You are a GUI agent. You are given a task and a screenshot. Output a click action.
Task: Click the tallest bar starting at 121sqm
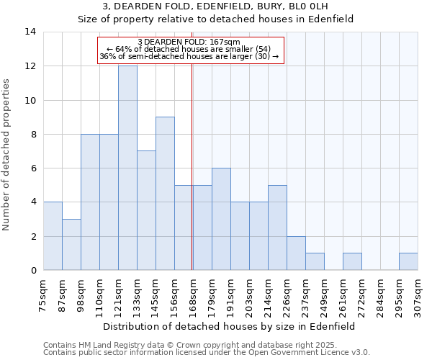[x=127, y=168]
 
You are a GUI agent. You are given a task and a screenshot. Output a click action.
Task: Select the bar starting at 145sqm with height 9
[x=165, y=194]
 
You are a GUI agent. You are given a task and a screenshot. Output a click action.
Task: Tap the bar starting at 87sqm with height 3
[x=71, y=245]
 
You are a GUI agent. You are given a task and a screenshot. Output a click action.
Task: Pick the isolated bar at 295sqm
[x=408, y=262]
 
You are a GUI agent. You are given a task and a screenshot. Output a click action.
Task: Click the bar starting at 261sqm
[x=352, y=262]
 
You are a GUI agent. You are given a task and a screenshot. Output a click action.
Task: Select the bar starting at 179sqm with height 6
[x=221, y=219]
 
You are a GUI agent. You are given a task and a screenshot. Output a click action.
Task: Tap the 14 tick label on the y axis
[x=30, y=32]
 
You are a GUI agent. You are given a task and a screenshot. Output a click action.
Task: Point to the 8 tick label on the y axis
[x=32, y=134]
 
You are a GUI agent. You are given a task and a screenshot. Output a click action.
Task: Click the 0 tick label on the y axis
[x=32, y=271]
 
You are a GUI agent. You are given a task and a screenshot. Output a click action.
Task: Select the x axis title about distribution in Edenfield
[x=230, y=326]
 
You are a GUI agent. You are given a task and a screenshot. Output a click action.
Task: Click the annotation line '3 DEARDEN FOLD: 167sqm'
[x=189, y=42]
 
